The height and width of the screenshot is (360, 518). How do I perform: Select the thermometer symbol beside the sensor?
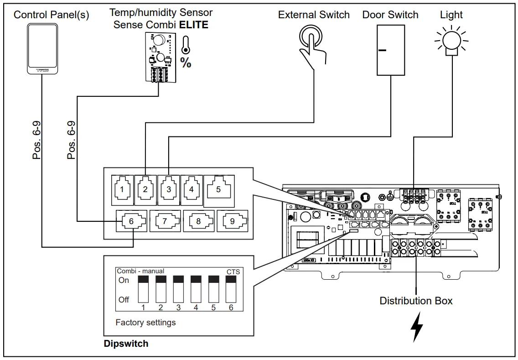[x=186, y=46]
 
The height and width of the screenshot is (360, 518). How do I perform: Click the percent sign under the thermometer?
[x=186, y=63]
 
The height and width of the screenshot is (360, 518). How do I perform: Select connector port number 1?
[x=122, y=189]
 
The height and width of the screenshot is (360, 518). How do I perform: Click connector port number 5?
[x=218, y=188]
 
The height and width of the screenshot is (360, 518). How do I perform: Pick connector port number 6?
[x=131, y=221]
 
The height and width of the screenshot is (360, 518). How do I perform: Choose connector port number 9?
[x=232, y=221]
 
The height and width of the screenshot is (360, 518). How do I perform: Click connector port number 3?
[x=169, y=189]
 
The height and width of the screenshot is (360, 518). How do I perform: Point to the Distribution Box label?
[x=416, y=301]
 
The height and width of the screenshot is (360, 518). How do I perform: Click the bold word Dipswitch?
[x=126, y=344]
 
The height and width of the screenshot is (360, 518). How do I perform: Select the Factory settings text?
[x=145, y=323]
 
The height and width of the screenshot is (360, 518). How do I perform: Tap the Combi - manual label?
[x=140, y=271]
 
